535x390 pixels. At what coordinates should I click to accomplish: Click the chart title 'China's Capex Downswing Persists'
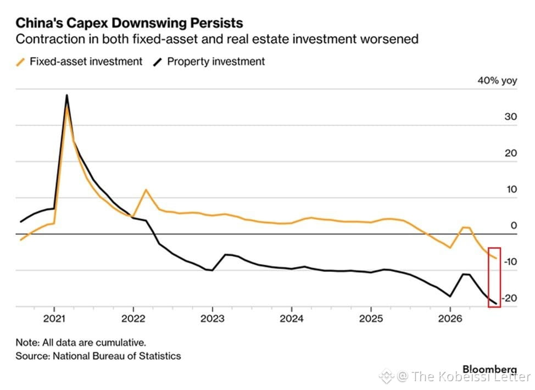129,23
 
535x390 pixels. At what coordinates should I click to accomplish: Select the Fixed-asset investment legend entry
79,62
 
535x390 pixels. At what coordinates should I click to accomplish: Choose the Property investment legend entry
209,62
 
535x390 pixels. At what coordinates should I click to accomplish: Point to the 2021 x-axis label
54,319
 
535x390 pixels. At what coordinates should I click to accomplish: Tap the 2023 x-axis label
212,319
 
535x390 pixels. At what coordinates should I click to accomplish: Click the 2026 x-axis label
450,319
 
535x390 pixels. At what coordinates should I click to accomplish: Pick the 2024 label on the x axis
291,319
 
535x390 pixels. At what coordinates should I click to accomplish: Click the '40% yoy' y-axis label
497,81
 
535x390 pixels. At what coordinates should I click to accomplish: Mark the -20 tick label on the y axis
510,298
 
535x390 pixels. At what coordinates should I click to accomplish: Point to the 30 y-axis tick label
511,116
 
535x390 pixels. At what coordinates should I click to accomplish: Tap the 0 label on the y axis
514,226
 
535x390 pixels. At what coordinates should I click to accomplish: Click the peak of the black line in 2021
66,95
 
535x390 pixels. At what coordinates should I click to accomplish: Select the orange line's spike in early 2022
146,190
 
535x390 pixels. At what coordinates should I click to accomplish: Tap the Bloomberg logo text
489,370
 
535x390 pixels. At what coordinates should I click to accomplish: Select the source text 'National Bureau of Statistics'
117,356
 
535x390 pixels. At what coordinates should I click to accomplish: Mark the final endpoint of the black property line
496,304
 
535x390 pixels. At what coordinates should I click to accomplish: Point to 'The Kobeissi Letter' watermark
471,377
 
